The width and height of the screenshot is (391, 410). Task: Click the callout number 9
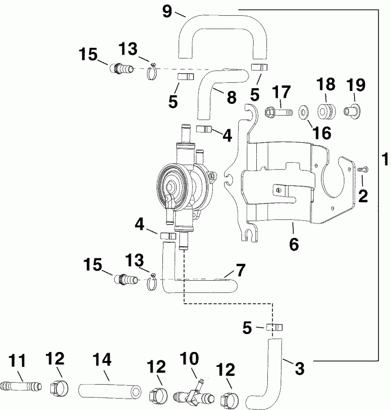167,10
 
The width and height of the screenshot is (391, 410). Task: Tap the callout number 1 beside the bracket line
385,159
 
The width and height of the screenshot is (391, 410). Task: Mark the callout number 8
231,97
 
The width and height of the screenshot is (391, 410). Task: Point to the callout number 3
298,369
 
